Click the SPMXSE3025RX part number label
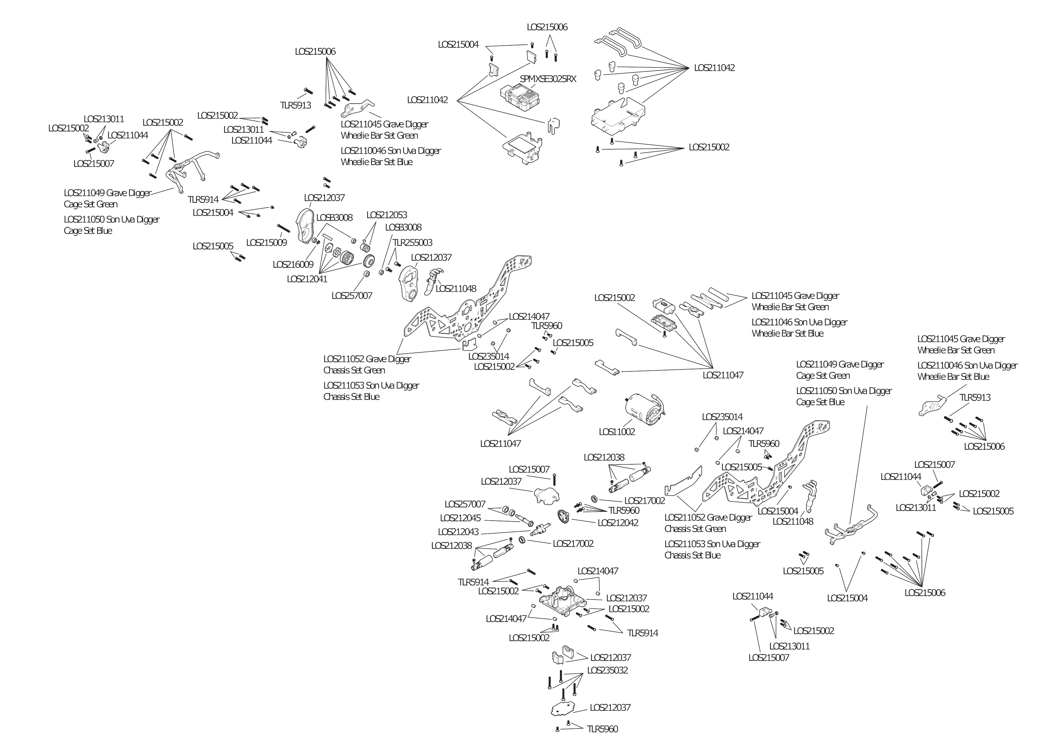point(548,79)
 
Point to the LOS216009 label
point(293,265)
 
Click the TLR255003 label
point(412,242)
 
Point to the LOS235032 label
point(607,670)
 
